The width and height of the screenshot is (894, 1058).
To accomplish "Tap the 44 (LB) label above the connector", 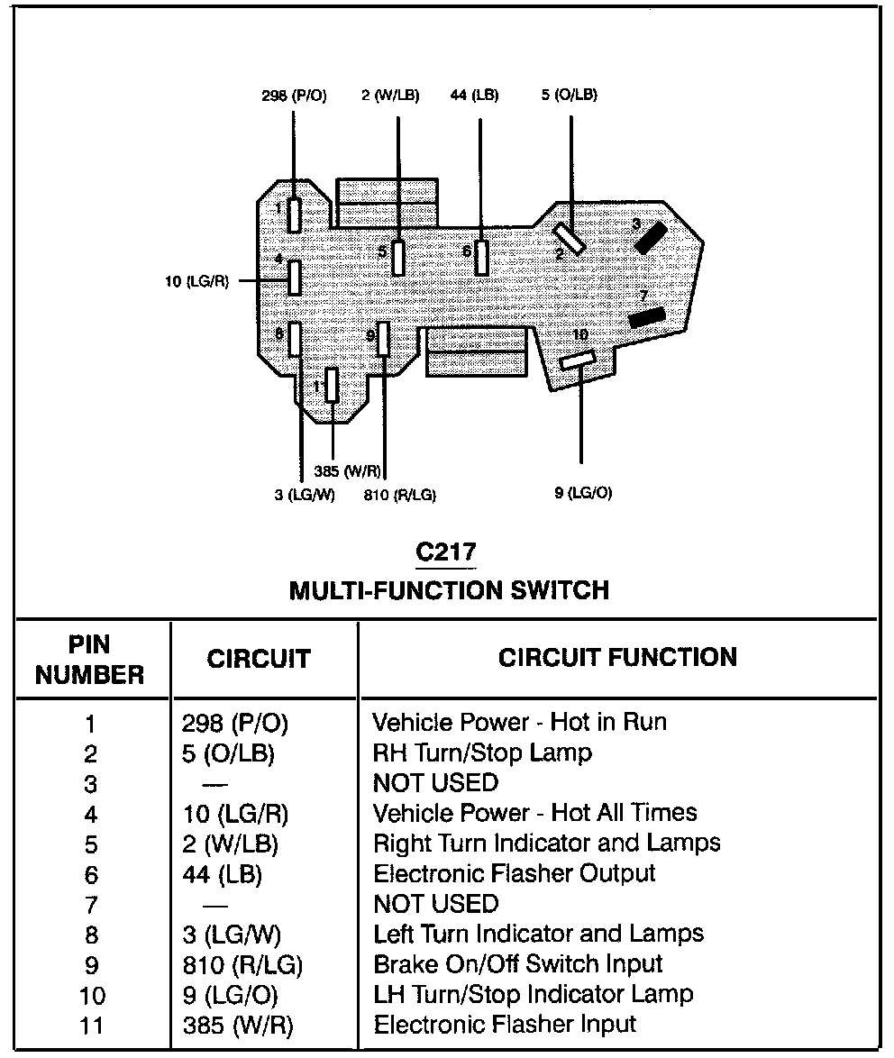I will click(x=474, y=95).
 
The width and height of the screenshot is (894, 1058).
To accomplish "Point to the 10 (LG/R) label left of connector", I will click(x=196, y=282).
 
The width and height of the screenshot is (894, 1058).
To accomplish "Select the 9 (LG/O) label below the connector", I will click(x=583, y=493).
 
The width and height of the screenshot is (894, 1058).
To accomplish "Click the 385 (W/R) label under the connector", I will click(x=348, y=470).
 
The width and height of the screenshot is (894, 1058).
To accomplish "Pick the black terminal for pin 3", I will click(x=652, y=235).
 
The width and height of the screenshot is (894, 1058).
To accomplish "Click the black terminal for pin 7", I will click(x=647, y=317).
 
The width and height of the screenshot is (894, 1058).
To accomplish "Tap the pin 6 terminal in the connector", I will click(x=482, y=258).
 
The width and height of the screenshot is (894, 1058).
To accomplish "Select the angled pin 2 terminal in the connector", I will click(x=570, y=239).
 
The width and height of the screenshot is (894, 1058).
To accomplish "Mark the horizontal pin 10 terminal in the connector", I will click(x=577, y=360).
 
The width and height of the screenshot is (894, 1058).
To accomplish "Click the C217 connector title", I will click(x=445, y=552).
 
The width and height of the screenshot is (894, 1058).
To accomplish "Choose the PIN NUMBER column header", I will click(x=89, y=660).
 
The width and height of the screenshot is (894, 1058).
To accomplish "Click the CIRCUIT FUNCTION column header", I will click(x=617, y=657).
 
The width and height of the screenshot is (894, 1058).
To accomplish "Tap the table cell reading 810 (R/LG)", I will click(x=242, y=965).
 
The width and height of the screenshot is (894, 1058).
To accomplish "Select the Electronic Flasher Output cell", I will click(x=514, y=873).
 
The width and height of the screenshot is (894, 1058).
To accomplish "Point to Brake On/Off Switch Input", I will click(x=518, y=964).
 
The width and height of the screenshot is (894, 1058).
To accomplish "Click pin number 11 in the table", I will click(x=91, y=1026).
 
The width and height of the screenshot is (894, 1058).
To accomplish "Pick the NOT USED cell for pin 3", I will click(x=435, y=782).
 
